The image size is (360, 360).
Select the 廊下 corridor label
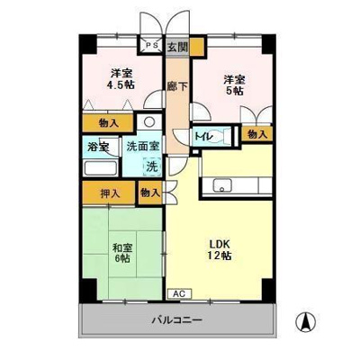[177, 88]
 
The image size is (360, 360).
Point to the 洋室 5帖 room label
[233, 85]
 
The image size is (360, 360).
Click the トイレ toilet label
[204, 135]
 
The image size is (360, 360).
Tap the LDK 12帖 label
[221, 249]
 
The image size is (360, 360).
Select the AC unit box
[178, 293]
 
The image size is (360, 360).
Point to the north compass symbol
[306, 319]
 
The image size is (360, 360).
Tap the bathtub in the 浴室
[98, 169]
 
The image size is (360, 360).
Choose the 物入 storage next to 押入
[150, 192]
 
